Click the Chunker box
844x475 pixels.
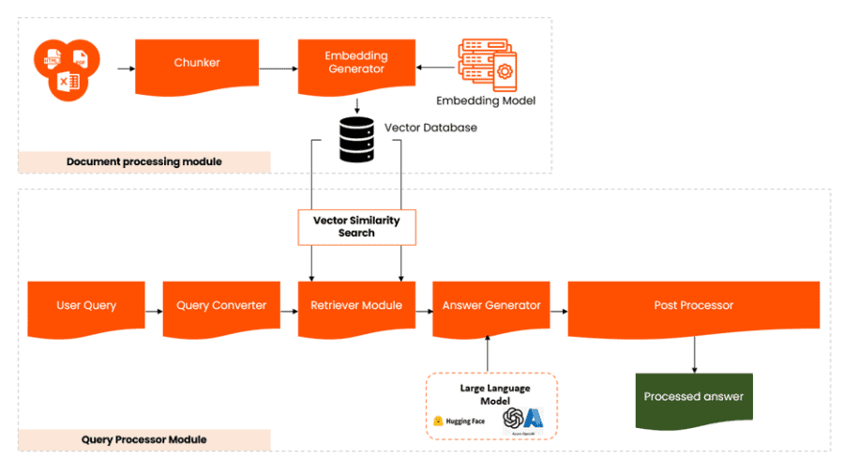click(197, 65)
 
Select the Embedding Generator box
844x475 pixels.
click(355, 65)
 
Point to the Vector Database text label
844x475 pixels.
click(430, 127)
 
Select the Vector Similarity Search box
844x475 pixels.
click(356, 226)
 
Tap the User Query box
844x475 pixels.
click(85, 306)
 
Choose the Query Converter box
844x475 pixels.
click(221, 306)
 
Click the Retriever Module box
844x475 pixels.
click(356, 306)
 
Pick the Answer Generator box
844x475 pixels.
click(491, 306)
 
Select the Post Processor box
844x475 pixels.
click(693, 306)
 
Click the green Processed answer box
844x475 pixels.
click(693, 397)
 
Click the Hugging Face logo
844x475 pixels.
click(459, 421)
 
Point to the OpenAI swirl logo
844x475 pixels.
click(513, 417)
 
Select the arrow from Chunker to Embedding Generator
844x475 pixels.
click(278, 68)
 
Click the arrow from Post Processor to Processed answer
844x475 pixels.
click(694, 354)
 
